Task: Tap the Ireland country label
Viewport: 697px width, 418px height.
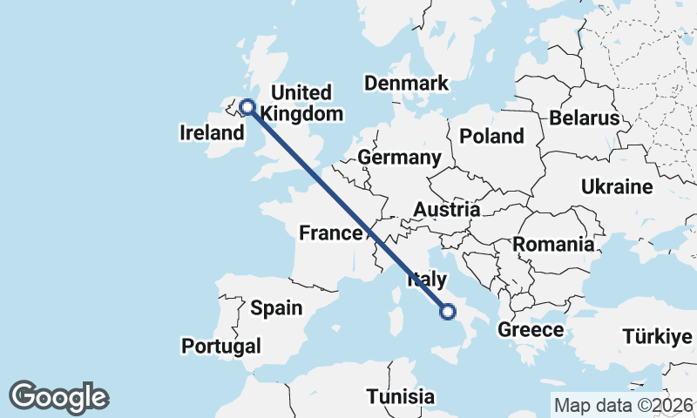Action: tap(212, 133)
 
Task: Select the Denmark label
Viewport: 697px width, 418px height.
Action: tap(406, 84)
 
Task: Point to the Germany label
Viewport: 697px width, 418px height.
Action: tap(400, 158)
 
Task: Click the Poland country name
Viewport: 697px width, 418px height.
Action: tap(492, 136)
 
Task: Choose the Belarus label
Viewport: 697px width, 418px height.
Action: tap(584, 118)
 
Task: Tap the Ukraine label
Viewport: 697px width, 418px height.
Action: tap(617, 187)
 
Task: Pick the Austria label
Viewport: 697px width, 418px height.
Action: tap(446, 210)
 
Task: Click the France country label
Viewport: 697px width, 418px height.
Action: tap(330, 233)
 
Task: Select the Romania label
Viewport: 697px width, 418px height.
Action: tap(553, 244)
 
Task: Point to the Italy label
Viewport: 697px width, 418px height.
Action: tap(427, 279)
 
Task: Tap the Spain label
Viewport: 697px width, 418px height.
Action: tap(276, 307)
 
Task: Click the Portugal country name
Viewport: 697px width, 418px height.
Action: tap(221, 346)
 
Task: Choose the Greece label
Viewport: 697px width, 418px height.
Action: tap(531, 330)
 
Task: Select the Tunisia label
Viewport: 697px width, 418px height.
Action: tap(400, 396)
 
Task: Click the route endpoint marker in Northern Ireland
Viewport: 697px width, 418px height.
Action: tap(247, 107)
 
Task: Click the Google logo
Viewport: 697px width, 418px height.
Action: tap(59, 397)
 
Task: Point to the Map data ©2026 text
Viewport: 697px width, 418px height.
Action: tap(624, 405)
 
